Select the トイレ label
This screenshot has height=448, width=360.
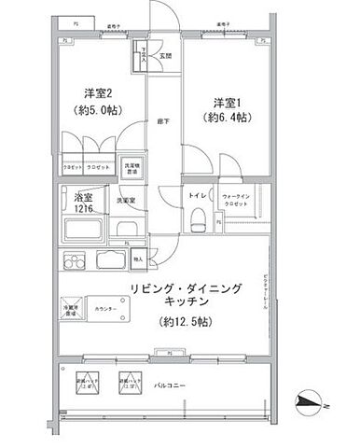(x=197, y=196)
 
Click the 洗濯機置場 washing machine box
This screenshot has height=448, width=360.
(x=133, y=168)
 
